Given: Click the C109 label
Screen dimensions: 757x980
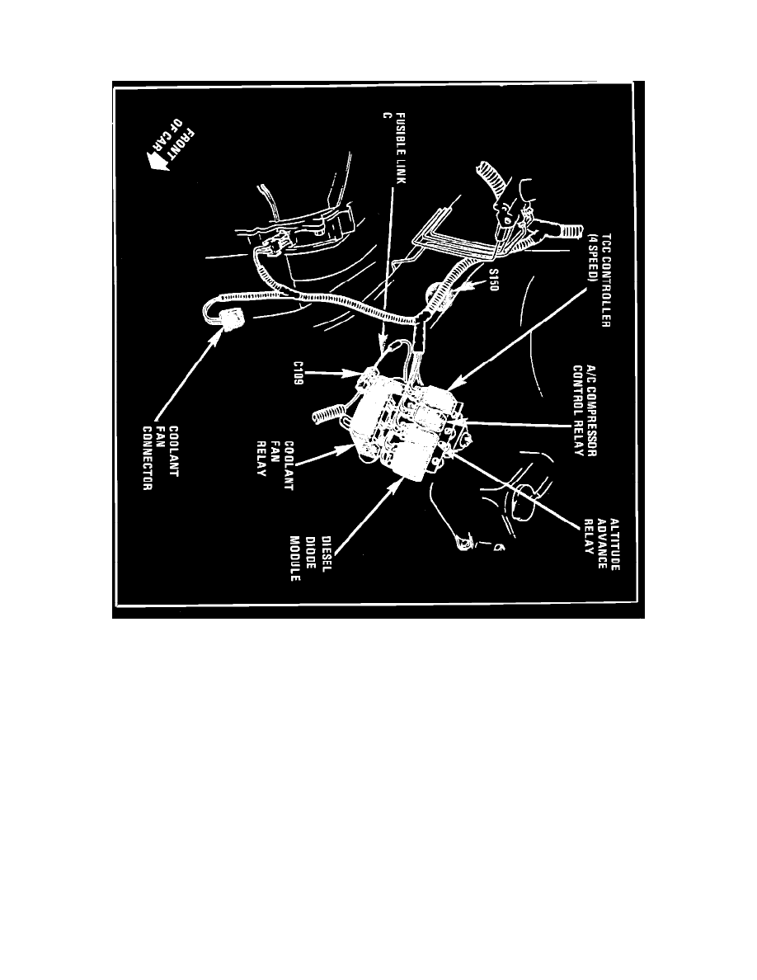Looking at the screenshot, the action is click(x=298, y=373).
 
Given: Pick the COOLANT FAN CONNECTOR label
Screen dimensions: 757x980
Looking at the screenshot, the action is click(x=160, y=458).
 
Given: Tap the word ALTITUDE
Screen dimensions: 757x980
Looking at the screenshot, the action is click(x=614, y=544).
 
